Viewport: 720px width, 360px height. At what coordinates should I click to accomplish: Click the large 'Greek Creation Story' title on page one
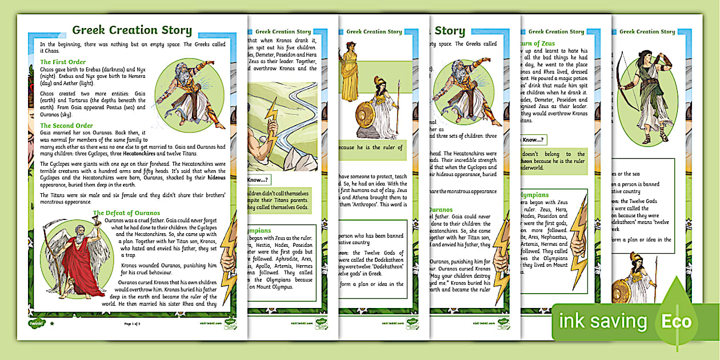point(131,31)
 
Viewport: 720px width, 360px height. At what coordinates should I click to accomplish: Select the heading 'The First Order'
point(63,62)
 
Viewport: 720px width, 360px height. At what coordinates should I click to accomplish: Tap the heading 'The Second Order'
point(66,126)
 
